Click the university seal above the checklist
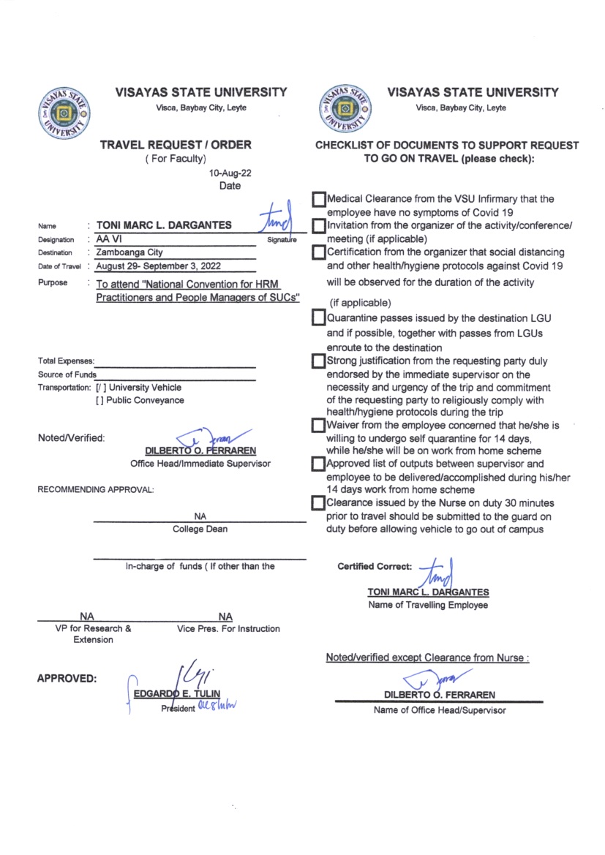coord(342,110)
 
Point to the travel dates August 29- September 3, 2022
coord(158,266)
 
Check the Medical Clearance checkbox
coord(318,200)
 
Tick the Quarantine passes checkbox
coord(318,318)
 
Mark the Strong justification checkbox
coord(318,361)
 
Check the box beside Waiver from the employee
coord(318,425)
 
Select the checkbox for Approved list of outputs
coord(318,464)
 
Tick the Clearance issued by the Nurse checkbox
coord(318,503)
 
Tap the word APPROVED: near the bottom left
coord(67,679)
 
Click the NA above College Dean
coord(200,516)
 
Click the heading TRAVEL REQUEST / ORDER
coord(176,145)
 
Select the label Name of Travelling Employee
coord(428,605)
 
